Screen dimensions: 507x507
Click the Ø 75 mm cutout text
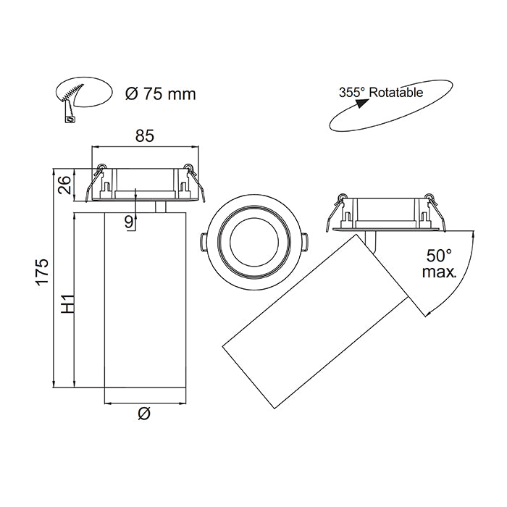tap(159, 93)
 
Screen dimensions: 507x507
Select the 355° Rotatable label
tap(381, 93)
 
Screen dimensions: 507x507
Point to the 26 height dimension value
tap(64, 185)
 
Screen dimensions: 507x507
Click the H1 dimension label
tap(67, 303)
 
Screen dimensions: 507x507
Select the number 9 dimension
tap(130, 222)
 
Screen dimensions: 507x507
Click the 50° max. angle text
tap(439, 264)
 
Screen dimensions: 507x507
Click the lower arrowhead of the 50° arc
tap(425, 313)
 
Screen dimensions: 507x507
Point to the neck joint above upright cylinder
tap(161, 207)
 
